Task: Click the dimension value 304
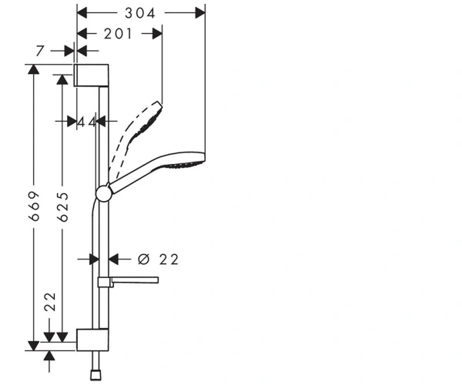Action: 140,13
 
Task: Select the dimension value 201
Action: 118,34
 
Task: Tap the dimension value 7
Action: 40,51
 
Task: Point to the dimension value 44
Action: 87,122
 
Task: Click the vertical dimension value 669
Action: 34,206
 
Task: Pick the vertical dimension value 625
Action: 63,207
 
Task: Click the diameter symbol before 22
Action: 144,259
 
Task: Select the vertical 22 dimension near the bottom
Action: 50,302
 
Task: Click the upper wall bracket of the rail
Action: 91,75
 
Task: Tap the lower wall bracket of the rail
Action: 92,340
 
